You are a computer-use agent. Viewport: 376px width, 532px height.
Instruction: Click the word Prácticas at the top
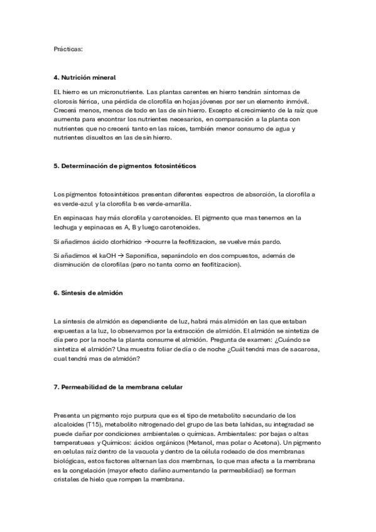68,48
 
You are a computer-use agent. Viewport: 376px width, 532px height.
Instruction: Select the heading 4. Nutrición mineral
85,77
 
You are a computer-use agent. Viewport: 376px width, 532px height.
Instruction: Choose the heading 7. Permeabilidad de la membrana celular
118,387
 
